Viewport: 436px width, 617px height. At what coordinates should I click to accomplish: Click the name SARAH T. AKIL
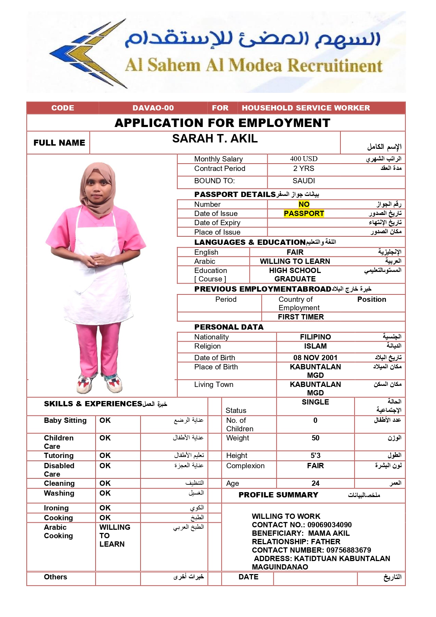pyautogui.click(x=215, y=139)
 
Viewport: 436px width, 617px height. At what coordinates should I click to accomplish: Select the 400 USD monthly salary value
pyautogui.click(x=304, y=159)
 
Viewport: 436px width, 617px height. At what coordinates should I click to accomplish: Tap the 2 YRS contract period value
pyautogui.click(x=304, y=168)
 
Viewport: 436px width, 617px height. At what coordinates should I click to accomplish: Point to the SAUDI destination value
pyautogui.click(x=304, y=181)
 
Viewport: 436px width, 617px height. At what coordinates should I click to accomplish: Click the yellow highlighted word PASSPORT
pyautogui.click(x=304, y=214)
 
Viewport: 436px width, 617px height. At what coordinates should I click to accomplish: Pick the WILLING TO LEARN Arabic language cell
pyautogui.click(x=295, y=261)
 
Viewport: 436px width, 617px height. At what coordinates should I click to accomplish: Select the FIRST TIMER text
pyautogui.click(x=301, y=317)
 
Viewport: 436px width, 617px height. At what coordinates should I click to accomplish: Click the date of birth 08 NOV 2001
pyautogui.click(x=315, y=358)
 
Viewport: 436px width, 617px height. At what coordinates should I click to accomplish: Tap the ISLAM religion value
pyautogui.click(x=315, y=346)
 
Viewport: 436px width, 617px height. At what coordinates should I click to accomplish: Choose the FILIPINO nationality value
pyautogui.click(x=315, y=337)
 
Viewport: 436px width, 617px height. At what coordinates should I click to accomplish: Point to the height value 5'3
pyautogui.click(x=315, y=456)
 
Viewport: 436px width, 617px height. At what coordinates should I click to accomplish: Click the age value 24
pyautogui.click(x=315, y=483)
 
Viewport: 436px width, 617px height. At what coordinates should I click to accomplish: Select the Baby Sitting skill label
pyautogui.click(x=65, y=420)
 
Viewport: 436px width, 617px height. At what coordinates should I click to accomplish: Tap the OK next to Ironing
pyautogui.click(x=105, y=508)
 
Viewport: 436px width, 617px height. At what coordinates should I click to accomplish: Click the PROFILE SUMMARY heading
pyautogui.click(x=278, y=495)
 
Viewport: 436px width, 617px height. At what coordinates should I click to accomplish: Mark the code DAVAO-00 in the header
pyautogui.click(x=153, y=108)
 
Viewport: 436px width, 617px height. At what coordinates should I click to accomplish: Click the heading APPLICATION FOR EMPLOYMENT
pyautogui.click(x=222, y=123)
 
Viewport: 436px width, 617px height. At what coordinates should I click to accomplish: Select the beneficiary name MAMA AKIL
pyautogui.click(x=328, y=533)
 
